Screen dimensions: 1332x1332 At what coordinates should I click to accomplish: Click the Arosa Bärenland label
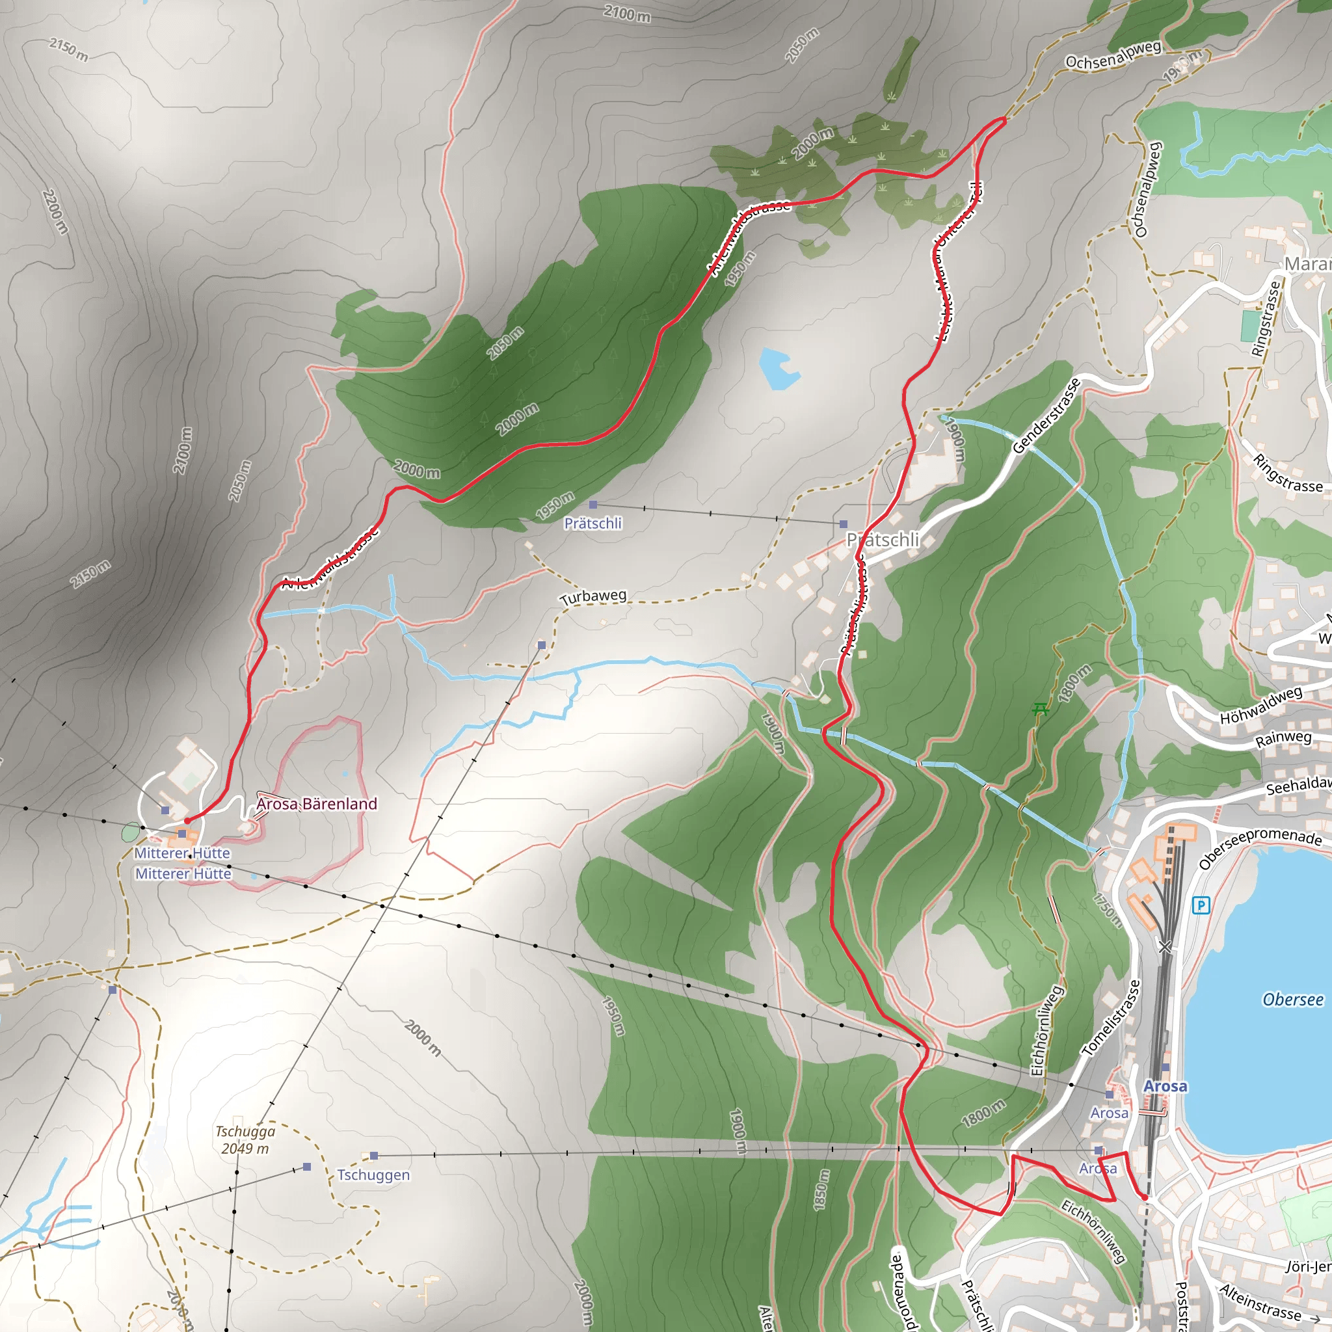tap(317, 804)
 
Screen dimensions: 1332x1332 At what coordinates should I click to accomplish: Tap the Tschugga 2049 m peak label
tap(245, 1139)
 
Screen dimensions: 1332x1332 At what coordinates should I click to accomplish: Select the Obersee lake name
tap(1293, 1000)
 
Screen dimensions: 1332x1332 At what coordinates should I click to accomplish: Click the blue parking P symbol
tap(1201, 905)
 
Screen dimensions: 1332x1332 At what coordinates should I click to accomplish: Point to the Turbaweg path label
tap(593, 596)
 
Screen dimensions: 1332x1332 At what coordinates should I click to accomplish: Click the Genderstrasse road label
tap(1046, 416)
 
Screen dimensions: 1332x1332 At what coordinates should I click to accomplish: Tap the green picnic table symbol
tap(1040, 709)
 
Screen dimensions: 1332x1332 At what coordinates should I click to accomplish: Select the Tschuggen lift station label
tap(373, 1175)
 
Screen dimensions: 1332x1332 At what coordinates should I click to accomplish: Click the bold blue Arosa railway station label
tap(1165, 1087)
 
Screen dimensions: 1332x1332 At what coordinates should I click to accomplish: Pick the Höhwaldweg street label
tap(1261, 705)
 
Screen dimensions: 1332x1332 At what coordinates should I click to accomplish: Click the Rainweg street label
tap(1283, 739)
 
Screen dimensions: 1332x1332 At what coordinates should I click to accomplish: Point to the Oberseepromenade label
tap(1260, 848)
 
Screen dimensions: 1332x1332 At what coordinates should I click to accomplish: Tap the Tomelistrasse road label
tap(1112, 1019)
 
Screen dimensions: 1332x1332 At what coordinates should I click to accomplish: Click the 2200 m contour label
tap(55, 211)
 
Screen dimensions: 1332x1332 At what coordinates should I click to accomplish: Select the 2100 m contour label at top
tap(627, 13)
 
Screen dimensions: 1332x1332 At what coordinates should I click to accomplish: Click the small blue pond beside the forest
tap(778, 368)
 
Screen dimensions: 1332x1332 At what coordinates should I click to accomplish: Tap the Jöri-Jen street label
tap(1308, 1266)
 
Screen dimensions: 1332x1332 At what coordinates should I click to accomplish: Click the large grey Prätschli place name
tap(883, 540)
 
